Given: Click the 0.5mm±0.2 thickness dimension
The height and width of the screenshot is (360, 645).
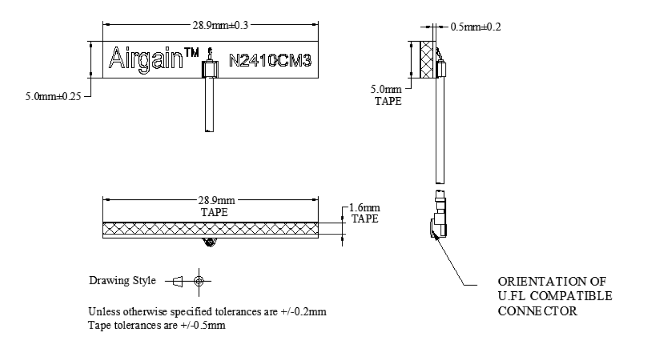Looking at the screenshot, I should pos(475,27).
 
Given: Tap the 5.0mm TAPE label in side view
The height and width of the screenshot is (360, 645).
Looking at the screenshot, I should pos(391,95).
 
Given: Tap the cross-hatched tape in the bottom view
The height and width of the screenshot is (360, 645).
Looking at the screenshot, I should pos(211,228).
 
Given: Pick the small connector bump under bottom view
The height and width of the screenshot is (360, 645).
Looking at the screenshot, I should pos(210,241).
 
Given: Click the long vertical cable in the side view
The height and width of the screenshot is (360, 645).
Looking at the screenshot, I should pos(439,131).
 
